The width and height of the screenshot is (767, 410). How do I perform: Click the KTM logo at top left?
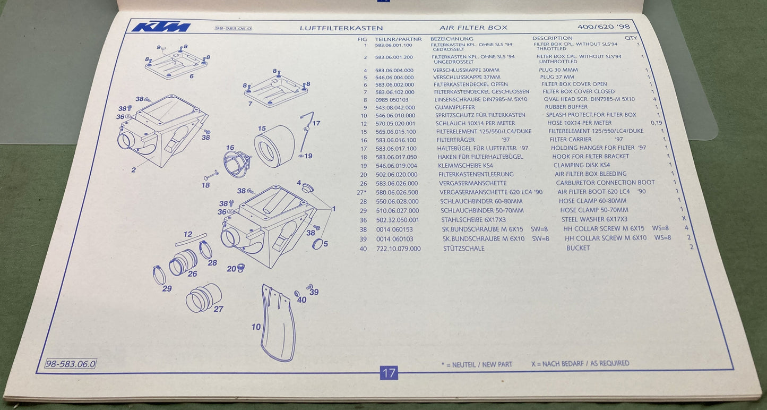click(x=161, y=27)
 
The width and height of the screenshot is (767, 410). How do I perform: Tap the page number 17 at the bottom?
click(x=389, y=373)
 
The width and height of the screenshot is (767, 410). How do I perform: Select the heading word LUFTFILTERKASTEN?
click(x=341, y=28)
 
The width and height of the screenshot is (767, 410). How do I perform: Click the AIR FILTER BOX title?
click(x=473, y=28)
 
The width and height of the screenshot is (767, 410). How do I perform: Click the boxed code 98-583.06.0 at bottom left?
click(x=71, y=364)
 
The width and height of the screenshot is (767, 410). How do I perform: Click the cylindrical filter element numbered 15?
click(x=274, y=146)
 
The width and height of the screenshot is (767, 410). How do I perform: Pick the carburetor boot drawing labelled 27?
click(x=203, y=297)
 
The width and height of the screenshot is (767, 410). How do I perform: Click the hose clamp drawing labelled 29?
click(x=159, y=275)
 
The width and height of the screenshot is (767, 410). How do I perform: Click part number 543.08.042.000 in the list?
click(x=395, y=107)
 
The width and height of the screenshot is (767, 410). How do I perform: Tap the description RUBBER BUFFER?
click(x=566, y=107)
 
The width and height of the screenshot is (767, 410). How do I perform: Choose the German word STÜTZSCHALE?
click(x=463, y=248)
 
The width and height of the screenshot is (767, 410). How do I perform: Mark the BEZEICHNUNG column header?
click(x=451, y=39)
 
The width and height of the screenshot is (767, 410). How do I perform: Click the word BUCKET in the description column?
click(x=578, y=248)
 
